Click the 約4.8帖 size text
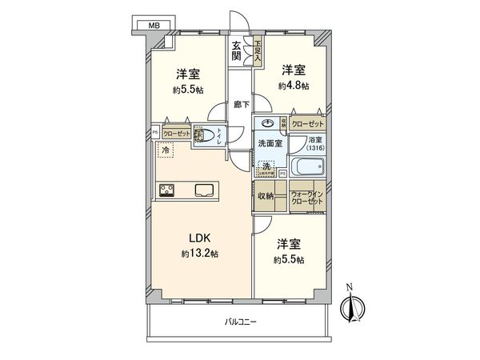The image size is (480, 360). coord(294,86)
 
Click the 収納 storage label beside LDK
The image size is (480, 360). coord(266,196)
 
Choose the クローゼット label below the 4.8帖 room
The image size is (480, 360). coord(308,124)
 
